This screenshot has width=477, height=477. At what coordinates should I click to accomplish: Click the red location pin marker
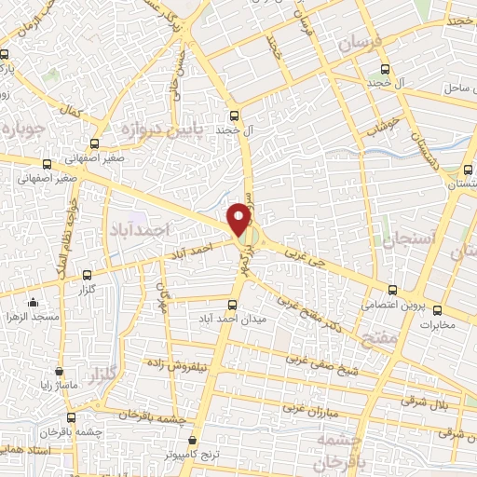coord(240,219)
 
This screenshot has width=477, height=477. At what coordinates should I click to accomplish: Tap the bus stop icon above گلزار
coord(87,275)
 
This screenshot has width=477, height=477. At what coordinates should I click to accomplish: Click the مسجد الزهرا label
coord(33,318)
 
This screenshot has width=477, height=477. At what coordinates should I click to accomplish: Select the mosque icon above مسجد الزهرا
coord(33,302)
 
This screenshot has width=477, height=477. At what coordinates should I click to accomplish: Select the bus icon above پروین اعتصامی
coord(393,289)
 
